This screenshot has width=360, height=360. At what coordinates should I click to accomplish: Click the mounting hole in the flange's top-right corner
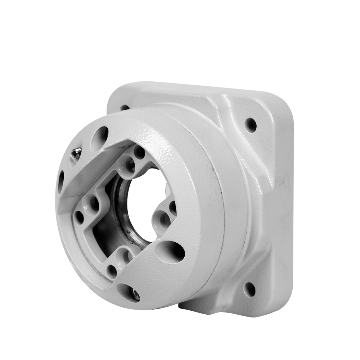(251, 125)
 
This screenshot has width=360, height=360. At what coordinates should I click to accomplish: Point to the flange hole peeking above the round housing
(125, 107)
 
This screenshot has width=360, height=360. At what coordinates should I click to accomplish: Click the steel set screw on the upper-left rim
(76, 154)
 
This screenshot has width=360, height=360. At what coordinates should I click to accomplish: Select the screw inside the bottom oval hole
(136, 295)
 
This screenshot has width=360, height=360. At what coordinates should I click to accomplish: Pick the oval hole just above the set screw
(99, 138)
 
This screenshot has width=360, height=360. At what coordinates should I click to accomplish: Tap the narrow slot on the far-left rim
(61, 181)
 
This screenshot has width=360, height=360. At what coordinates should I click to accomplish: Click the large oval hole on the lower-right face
(171, 251)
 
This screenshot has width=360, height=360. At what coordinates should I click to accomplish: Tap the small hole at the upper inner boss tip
(139, 152)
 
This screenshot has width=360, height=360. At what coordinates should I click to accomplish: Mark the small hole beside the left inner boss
(79, 218)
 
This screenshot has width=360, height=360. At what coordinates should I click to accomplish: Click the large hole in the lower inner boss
(125, 257)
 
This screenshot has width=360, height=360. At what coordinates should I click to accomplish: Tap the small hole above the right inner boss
(173, 208)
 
